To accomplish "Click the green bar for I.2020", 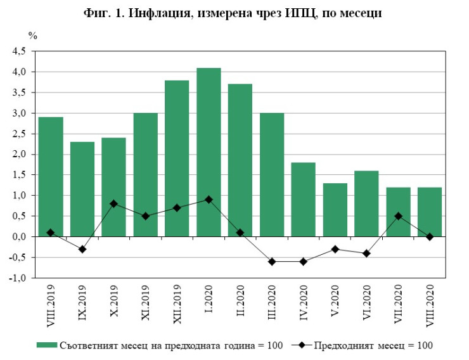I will click(x=209, y=152).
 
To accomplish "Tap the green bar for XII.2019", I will click(x=177, y=158).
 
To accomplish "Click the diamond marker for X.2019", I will click(x=113, y=203).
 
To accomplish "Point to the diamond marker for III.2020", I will click(x=272, y=261).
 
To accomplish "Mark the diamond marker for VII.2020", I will click(x=398, y=216).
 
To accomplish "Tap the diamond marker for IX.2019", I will click(x=82, y=249).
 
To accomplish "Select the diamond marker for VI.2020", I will click(x=366, y=253).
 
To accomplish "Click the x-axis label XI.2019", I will click(x=146, y=302).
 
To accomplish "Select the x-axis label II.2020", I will click(x=240, y=300).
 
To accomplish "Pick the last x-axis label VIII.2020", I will click(x=430, y=304).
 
